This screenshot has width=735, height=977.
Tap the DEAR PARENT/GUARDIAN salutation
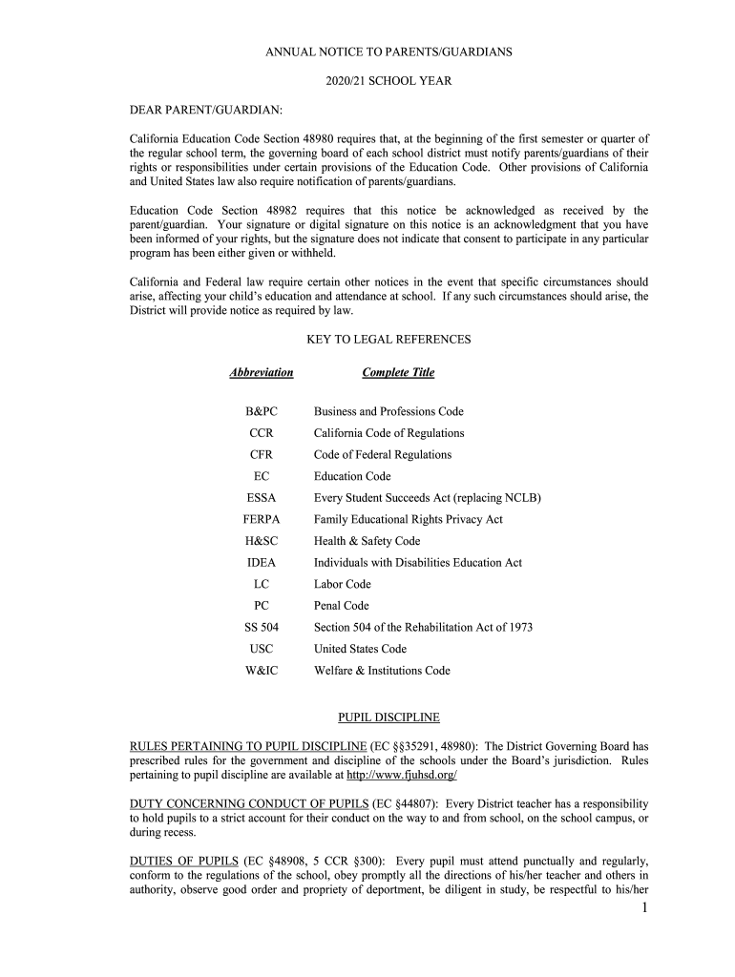click(x=206, y=112)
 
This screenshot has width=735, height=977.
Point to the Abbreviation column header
click(x=262, y=372)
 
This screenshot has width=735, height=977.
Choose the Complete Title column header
click(x=398, y=372)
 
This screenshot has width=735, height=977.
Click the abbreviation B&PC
click(x=262, y=411)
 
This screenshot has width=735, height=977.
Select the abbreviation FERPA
click(x=262, y=519)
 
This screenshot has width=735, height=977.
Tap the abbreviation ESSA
click(x=262, y=498)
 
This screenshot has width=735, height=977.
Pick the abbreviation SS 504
click(x=262, y=627)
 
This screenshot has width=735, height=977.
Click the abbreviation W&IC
click(x=262, y=671)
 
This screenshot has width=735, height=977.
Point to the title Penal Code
click(x=342, y=606)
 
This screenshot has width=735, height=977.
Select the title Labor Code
click(x=343, y=584)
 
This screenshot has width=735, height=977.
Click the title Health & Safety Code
click(x=367, y=541)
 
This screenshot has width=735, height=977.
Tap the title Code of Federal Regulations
click(x=383, y=455)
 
